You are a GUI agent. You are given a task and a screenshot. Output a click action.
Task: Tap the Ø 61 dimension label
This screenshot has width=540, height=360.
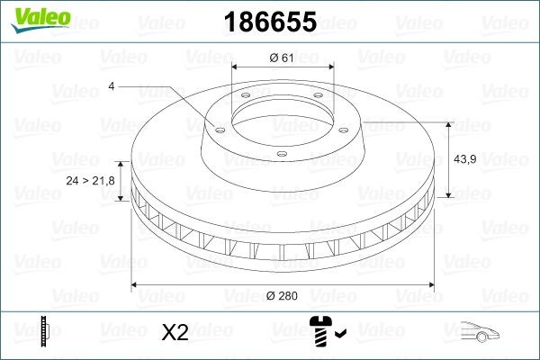click(x=283, y=58)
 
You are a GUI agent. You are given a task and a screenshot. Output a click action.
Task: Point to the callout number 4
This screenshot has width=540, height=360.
click(x=111, y=85)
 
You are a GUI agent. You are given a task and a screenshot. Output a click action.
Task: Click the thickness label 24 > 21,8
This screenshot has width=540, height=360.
click(x=90, y=181)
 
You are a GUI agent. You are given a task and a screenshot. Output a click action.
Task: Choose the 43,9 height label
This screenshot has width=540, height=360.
click(x=464, y=159)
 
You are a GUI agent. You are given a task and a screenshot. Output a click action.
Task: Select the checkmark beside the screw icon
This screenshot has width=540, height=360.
click(x=339, y=336)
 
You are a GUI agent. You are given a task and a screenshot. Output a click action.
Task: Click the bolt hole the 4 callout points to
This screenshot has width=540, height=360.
click(x=215, y=127)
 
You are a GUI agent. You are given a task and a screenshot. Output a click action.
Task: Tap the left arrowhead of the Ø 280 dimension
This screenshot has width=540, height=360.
click(x=136, y=286)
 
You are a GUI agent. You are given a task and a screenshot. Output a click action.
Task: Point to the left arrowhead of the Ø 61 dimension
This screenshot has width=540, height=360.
click(x=235, y=68)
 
